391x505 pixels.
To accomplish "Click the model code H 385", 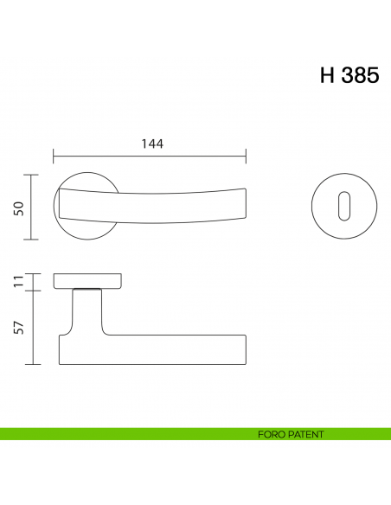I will tap(349, 75).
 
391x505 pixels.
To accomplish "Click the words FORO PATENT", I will tap(290, 434).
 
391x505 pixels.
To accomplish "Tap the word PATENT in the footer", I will tap(305, 434).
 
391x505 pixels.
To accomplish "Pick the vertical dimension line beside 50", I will tap(33, 208).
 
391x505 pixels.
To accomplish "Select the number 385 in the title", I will tap(359, 75).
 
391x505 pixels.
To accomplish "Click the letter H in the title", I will tap(327, 75).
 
